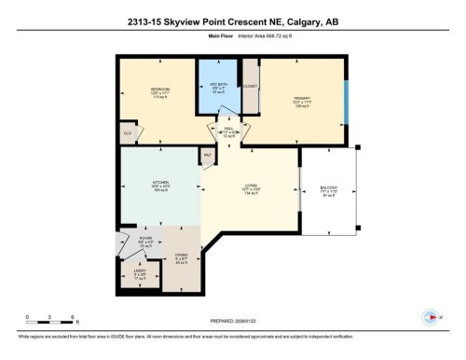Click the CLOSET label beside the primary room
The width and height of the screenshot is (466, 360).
coord(250,86)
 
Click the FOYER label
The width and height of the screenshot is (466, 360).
coord(146,241)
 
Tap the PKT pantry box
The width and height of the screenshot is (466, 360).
coord(207,155)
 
